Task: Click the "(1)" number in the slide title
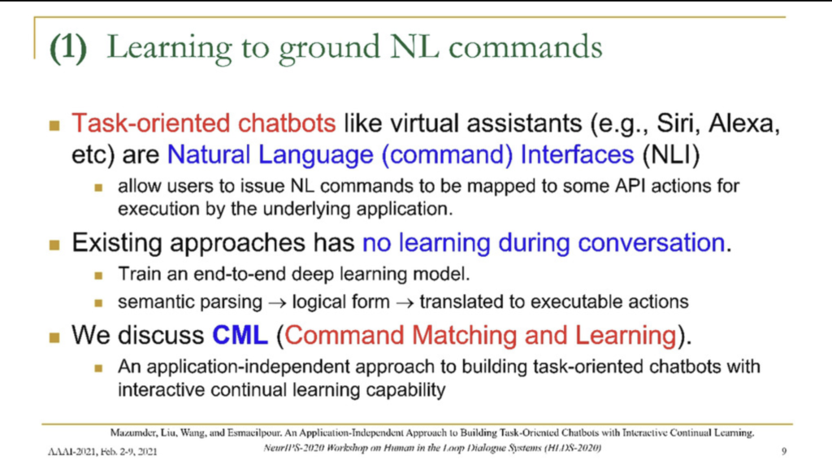[68, 48]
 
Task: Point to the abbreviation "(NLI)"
[671, 154]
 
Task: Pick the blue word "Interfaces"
[578, 154]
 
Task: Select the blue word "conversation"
[652, 242]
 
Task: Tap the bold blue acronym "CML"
[240, 336]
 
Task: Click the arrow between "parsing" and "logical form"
[277, 303]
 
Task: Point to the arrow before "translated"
[405, 303]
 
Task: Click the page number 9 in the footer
[784, 451]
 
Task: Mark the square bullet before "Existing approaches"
[54, 245]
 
